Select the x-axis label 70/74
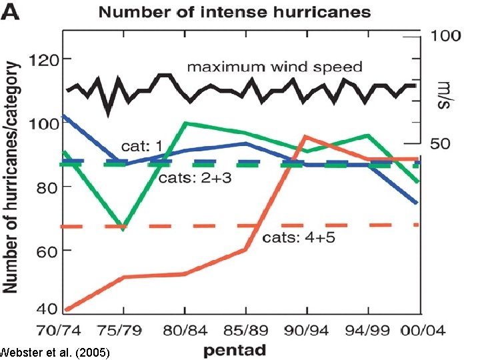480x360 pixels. point(59,329)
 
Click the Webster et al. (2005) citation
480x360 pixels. point(55,351)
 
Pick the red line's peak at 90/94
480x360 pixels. point(305,136)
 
